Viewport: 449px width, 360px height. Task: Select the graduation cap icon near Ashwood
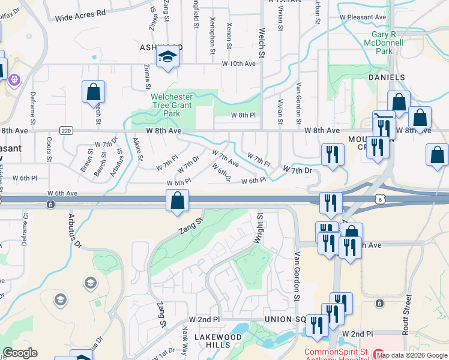167,58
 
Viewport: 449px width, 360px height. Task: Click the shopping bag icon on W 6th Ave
178,200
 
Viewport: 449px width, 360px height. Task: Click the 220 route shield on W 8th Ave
66,130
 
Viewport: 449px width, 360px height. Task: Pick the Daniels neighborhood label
387,78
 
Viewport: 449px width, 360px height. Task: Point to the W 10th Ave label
239,64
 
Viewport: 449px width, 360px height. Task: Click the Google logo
20,353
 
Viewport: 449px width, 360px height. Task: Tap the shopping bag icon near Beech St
93,92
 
